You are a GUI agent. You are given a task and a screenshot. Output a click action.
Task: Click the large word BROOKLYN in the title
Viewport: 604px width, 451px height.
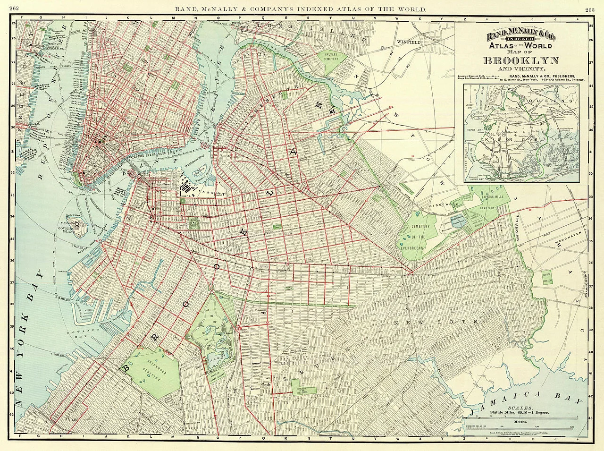pos(520,60)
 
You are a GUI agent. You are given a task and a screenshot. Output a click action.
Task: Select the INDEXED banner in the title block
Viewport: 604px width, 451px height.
pos(520,39)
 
